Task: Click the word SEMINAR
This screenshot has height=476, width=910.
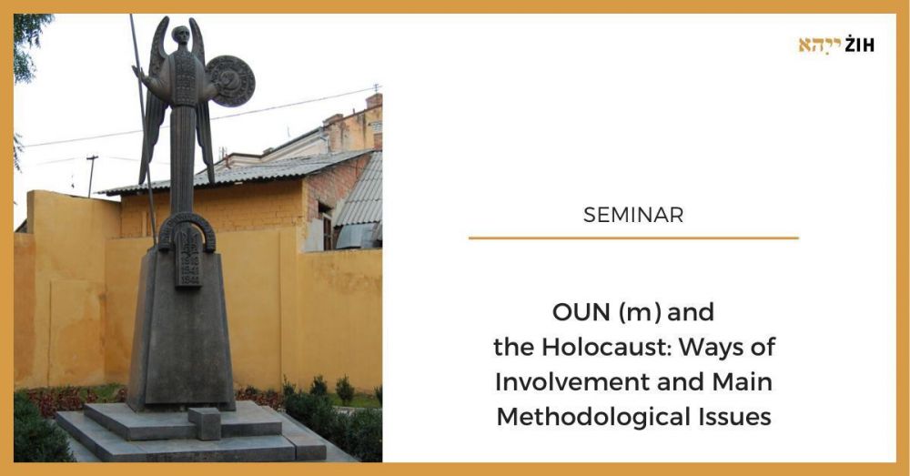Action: point(633,215)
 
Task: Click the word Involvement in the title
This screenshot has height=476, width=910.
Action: point(571,382)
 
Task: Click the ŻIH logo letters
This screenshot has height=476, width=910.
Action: point(860,45)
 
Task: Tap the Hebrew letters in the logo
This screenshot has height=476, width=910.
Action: point(820,46)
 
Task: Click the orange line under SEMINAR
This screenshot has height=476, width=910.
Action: point(633,238)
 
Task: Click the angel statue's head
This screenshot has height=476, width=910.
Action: point(182,35)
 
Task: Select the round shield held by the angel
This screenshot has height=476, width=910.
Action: point(231,81)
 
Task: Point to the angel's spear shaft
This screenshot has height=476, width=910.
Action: point(143,127)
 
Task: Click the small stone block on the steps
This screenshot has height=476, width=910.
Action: point(204,423)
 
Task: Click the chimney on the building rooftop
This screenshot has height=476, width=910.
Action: point(374,101)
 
